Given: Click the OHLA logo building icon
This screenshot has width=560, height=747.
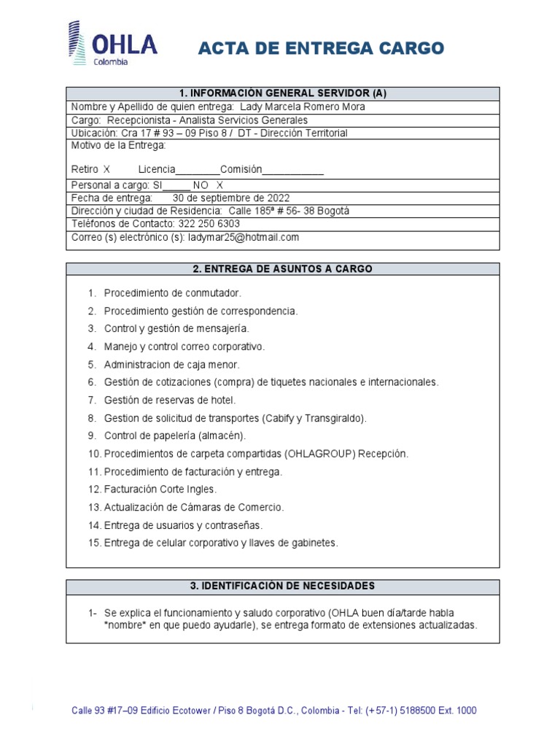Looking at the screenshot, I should (x=75, y=43).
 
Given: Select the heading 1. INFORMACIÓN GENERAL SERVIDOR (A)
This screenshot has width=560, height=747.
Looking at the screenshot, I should (x=283, y=93).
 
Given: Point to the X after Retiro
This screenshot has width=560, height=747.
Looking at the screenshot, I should (x=106, y=169).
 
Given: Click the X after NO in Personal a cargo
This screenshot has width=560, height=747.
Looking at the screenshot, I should (x=219, y=185).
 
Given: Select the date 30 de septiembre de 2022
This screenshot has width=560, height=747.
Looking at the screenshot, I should (x=230, y=198).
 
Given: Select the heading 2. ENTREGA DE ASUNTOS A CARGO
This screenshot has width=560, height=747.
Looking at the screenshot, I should (x=283, y=268).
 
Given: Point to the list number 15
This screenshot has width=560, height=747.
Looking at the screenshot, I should (x=93, y=543).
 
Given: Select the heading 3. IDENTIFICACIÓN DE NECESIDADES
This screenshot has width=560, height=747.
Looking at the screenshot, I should (x=283, y=586).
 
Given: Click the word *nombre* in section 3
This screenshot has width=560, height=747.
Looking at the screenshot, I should (x=122, y=625).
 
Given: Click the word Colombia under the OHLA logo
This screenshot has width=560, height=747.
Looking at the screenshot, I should (x=110, y=62).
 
